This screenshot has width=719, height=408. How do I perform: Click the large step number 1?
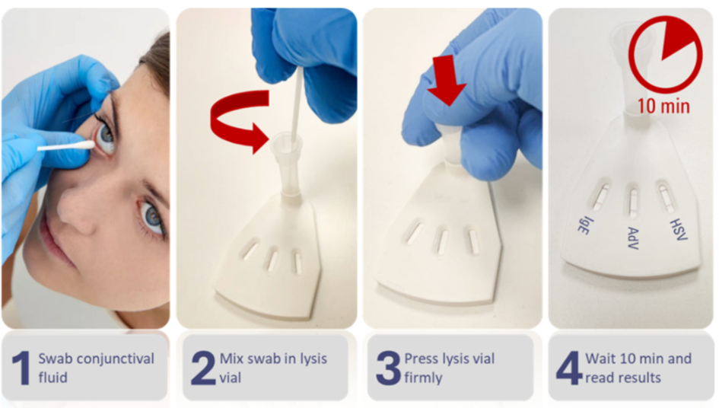[x=21, y=368]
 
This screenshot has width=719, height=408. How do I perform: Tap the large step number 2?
[x=203, y=368]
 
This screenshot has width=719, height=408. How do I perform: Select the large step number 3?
[x=388, y=368]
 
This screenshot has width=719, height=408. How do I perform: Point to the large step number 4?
[x=569, y=368]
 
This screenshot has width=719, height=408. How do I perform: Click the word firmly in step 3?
[x=423, y=378]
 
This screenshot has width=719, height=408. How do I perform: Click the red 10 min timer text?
[x=663, y=106]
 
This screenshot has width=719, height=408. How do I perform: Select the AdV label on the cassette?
[x=633, y=238]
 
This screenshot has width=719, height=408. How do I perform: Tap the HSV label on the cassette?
[x=679, y=229]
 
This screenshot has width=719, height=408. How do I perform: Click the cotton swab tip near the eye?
[x=86, y=145]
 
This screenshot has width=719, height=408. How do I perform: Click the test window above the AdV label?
[x=633, y=202]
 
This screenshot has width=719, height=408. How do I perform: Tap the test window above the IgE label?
[x=600, y=196]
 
